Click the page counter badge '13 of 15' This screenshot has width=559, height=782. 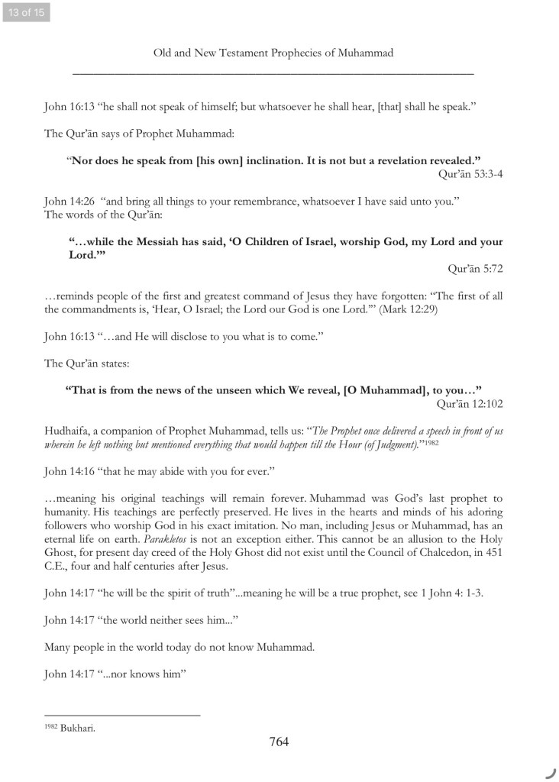tap(25, 12)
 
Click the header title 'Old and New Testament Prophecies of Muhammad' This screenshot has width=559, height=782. tap(273, 53)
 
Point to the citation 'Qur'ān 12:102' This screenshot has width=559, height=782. tap(469, 402)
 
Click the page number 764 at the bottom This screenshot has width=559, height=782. tap(279, 742)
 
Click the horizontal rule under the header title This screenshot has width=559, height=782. tap(273, 73)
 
